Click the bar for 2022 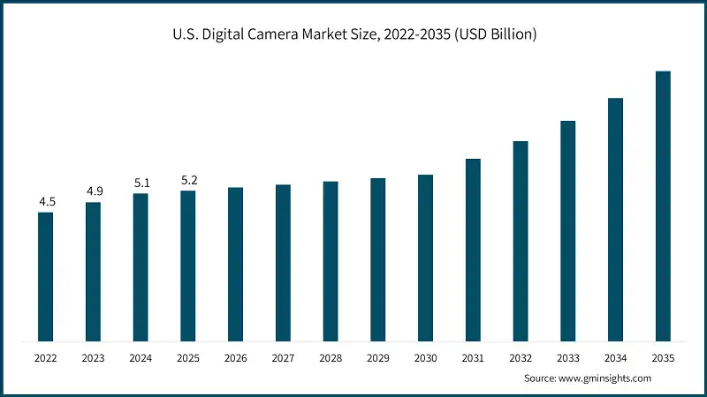[45, 276]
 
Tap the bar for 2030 [425, 258]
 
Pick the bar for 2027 [283, 262]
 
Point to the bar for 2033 [567, 230]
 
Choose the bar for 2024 [141, 266]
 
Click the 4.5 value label [45, 202]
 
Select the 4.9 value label [93, 191]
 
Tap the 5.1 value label [141, 183]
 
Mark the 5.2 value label [188, 180]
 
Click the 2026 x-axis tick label [235, 358]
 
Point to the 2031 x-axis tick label [473, 358]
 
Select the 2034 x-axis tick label [615, 358]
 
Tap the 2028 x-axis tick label [331, 358]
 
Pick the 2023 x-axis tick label [93, 358]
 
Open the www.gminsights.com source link [607, 378]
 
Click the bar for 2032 [521, 241]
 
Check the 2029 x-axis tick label [377, 358]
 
